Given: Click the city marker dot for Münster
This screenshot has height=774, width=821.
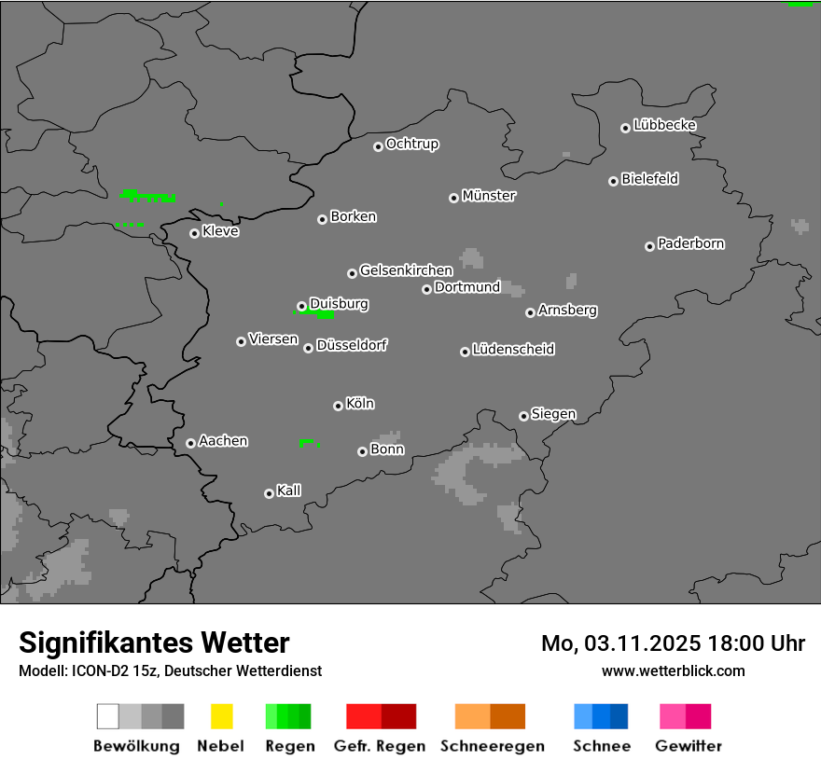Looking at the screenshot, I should click(453, 198).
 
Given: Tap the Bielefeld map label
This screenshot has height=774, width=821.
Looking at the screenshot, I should click(650, 179).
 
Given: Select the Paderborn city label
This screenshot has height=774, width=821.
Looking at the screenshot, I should click(691, 244).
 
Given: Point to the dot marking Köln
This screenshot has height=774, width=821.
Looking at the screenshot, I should click(338, 406).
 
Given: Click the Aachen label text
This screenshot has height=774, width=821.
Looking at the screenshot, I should click(223, 441).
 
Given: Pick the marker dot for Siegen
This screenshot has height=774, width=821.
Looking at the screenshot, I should click(523, 416).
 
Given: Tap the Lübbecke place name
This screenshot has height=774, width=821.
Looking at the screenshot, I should click(664, 125).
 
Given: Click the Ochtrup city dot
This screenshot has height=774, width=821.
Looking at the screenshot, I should click(378, 146).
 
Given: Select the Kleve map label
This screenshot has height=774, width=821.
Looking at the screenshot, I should click(220, 231).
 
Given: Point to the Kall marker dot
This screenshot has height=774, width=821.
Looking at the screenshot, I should click(269, 493).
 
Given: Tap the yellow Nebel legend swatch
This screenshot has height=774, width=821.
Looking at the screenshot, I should click(222, 716).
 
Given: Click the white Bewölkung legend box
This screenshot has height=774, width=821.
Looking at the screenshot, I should click(108, 716).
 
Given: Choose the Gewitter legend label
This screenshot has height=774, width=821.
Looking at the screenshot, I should click(689, 746).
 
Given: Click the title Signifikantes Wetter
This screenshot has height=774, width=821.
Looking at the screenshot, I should click(154, 643).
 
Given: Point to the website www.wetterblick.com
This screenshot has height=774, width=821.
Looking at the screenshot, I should click(674, 670).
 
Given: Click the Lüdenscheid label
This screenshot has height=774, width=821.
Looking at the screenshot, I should click(513, 350).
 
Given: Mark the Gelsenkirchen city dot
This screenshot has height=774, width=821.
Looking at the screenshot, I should click(352, 273).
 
